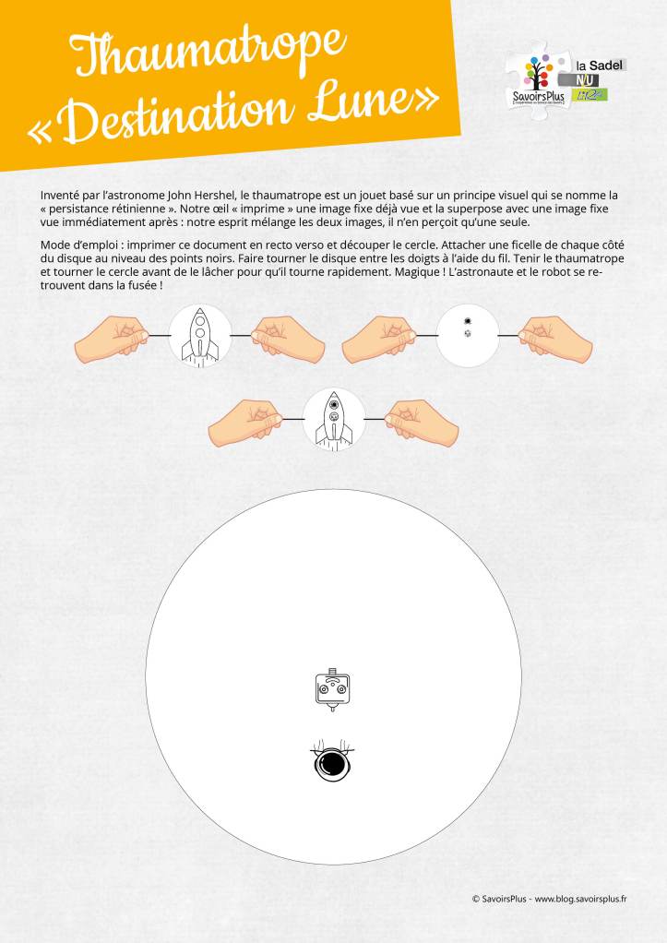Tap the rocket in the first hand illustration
(200, 336)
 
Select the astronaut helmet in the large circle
(332, 762)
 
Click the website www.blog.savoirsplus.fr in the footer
(581, 899)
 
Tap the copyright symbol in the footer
(476, 899)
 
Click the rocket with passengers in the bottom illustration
(334, 421)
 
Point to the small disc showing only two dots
(468, 335)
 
